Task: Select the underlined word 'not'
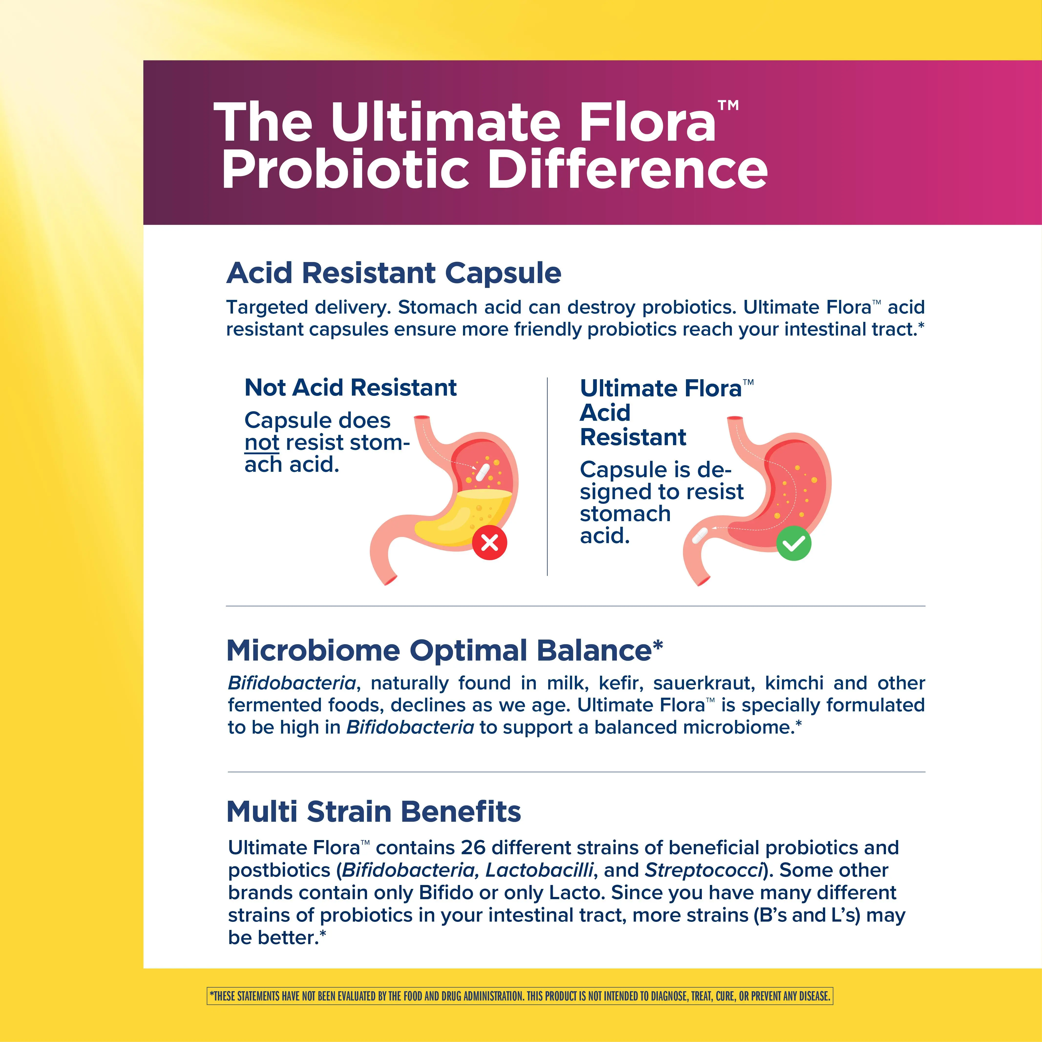point(262,443)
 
